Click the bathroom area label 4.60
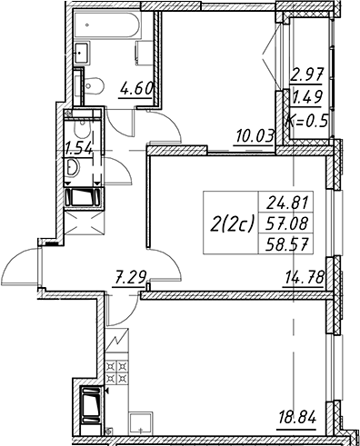click(136, 90)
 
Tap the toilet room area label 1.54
click(79, 149)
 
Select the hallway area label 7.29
click(129, 277)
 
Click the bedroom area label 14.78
click(304, 278)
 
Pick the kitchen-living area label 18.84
click(296, 420)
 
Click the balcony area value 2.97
click(307, 74)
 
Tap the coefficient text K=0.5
click(307, 122)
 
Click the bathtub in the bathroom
click(107, 25)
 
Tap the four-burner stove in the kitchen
click(116, 372)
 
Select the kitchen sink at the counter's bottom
click(141, 424)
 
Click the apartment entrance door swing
click(21, 266)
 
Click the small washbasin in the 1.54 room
click(73, 167)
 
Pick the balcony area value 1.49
click(306, 97)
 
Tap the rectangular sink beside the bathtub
click(82, 53)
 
